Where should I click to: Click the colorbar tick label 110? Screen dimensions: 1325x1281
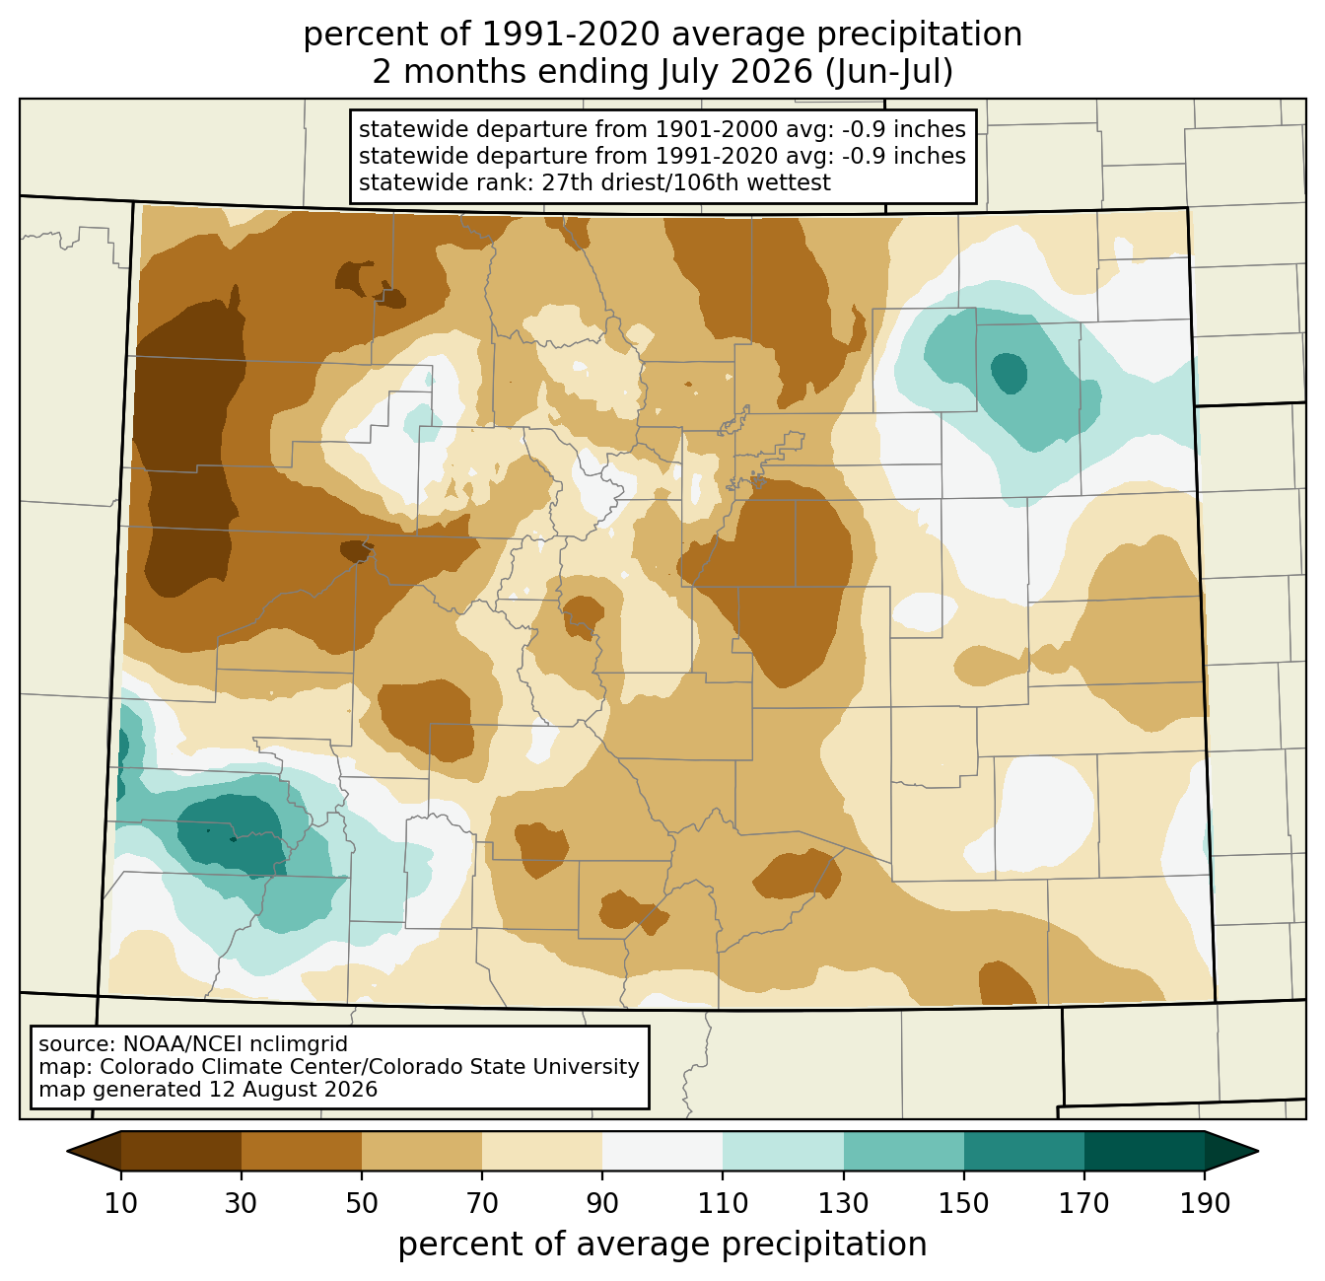[723, 1203]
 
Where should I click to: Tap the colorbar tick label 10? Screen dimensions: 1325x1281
[120, 1203]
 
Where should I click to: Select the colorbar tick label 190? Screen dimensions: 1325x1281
[1205, 1203]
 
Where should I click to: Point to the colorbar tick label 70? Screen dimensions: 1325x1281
[482, 1203]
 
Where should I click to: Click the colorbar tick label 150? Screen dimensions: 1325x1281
[963, 1203]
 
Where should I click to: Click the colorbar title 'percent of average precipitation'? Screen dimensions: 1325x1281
[662, 1244]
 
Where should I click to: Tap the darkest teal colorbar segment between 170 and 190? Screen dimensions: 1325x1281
[1144, 1151]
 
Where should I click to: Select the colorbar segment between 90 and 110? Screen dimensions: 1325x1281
[662, 1151]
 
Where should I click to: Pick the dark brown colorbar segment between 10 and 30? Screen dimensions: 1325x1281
[181, 1151]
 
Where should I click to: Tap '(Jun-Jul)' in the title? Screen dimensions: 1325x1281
[888, 73]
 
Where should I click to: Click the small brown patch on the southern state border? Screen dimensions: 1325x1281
[1007, 983]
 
